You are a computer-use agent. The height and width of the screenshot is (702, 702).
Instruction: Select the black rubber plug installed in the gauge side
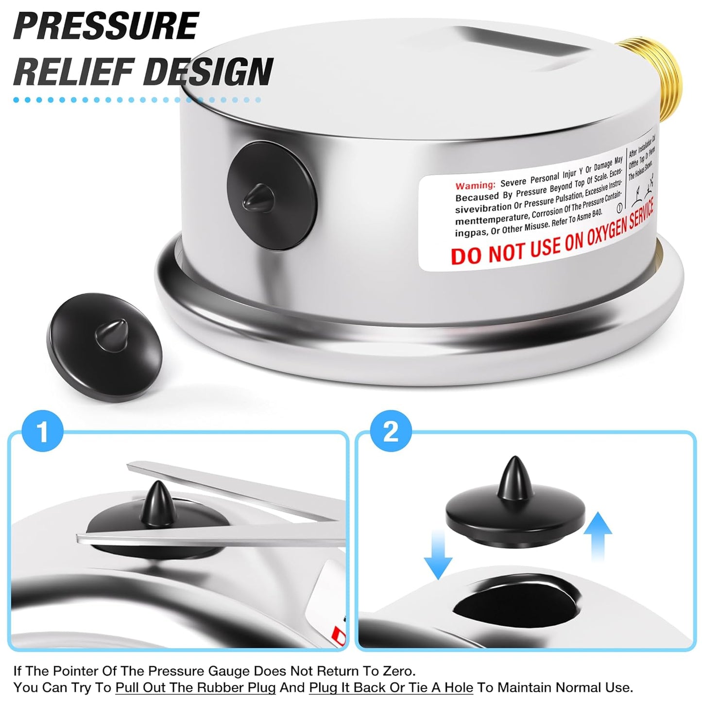pos(272,196)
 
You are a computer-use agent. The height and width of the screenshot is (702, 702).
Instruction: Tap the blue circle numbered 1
pos(43,431)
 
